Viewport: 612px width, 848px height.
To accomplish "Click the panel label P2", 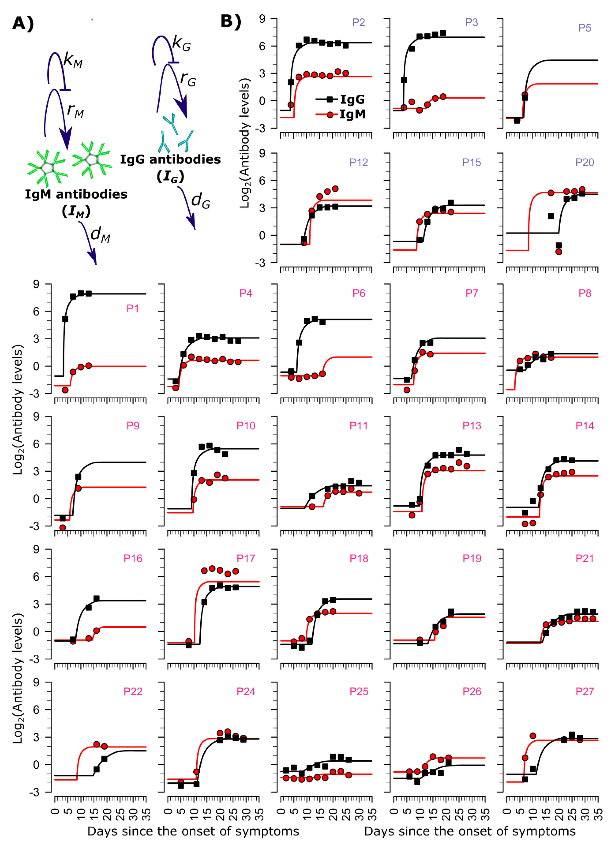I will [358, 22].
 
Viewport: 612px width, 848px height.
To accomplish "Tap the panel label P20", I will [584, 162].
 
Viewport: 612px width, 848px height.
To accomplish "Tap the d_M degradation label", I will [100, 235].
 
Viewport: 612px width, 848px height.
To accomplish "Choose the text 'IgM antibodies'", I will [76, 194].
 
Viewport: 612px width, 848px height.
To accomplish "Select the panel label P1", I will [133, 309].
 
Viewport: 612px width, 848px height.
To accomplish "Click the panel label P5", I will [584, 28].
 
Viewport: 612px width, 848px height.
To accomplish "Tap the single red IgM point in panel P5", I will [525, 95].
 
